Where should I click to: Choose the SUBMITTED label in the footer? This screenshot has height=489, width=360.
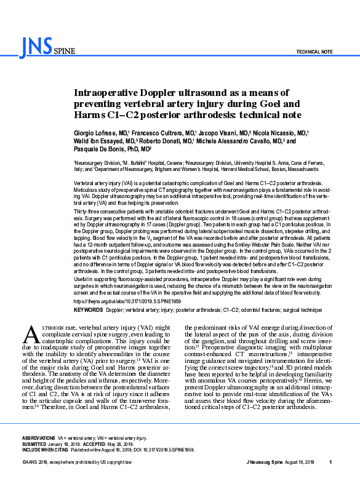click(x=35, y=443)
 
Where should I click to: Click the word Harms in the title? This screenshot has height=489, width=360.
click(x=90, y=114)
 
